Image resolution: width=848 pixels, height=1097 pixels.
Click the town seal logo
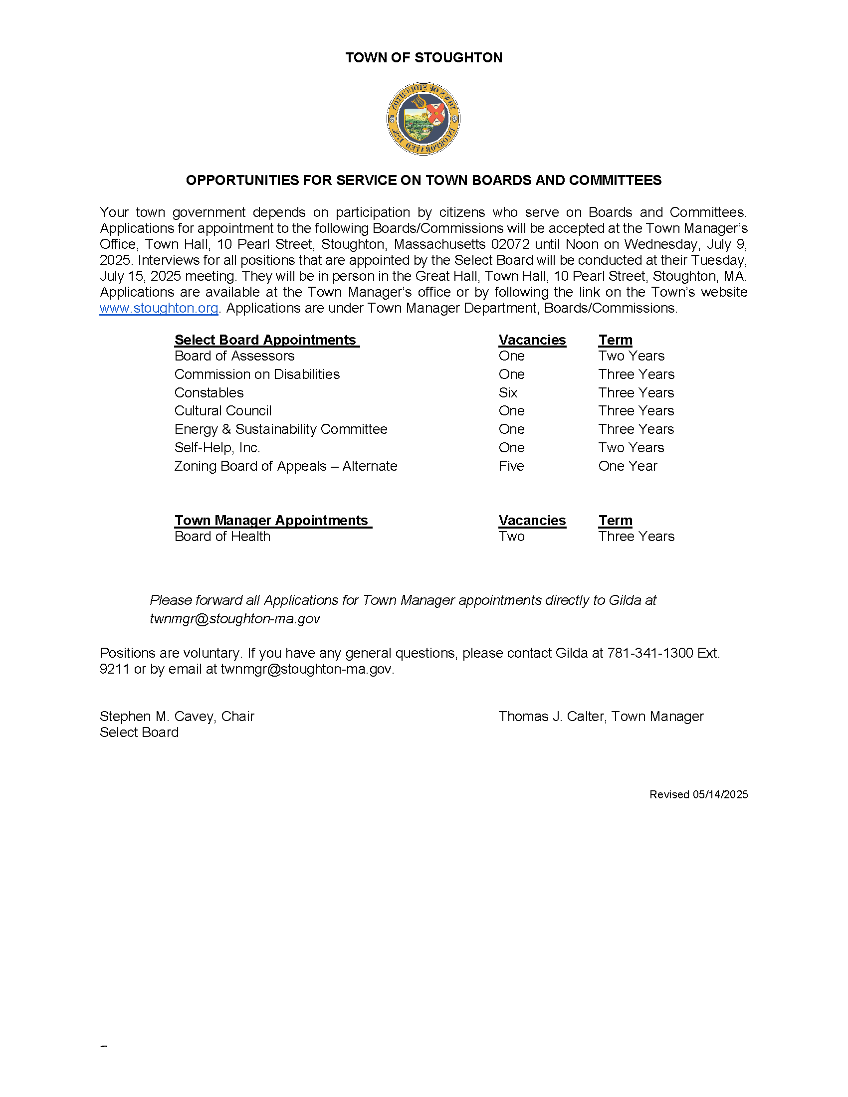(424, 119)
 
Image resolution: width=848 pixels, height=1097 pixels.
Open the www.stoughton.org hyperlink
(159, 308)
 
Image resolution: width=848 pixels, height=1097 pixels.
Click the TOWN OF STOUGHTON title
(424, 58)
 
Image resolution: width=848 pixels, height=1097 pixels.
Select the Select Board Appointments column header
(266, 340)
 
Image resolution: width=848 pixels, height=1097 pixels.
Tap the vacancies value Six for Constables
(508, 393)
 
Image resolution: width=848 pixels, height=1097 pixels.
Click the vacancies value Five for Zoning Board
(511, 466)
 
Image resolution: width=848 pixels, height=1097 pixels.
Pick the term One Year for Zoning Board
(628, 466)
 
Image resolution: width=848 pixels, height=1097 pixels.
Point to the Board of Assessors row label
(234, 356)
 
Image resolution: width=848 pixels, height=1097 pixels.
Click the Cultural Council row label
(222, 411)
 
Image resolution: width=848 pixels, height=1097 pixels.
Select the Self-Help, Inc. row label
(217, 448)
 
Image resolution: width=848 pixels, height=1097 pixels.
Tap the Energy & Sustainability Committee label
(281, 429)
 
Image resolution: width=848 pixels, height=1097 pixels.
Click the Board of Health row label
(222, 537)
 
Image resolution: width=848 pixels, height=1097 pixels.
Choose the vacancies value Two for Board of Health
(511, 537)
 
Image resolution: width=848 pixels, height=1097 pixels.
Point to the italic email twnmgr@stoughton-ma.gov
(234, 619)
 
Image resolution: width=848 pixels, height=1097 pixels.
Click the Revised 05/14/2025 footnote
(698, 795)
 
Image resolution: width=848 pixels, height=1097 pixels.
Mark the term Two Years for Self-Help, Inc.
(631, 448)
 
